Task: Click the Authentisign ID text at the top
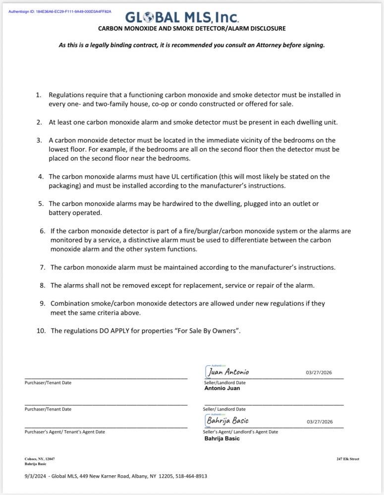pyautogui.click(x=60, y=11)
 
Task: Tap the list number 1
pyautogui.click(x=39, y=94)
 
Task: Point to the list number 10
pyautogui.click(x=41, y=330)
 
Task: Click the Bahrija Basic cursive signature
pyautogui.click(x=227, y=421)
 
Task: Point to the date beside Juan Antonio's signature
pyautogui.click(x=319, y=372)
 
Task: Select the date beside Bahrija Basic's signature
pyautogui.click(x=319, y=422)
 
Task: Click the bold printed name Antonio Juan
pyautogui.click(x=222, y=388)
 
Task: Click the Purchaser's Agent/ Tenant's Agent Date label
pyautogui.click(x=65, y=432)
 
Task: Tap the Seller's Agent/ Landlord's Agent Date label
pyautogui.click(x=240, y=432)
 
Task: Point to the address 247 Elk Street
pyautogui.click(x=347, y=459)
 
